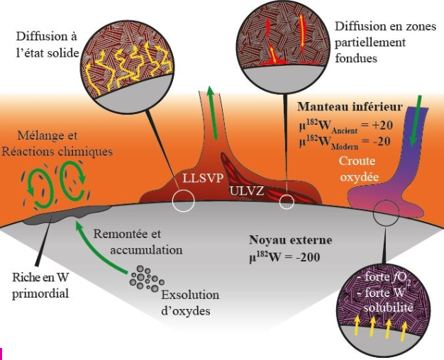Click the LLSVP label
203,179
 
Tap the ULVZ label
247,191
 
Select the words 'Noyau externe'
291,240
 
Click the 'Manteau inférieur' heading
350,107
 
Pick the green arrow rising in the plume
212,113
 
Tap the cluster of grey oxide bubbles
147,279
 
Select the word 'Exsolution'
190,295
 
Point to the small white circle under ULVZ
287,202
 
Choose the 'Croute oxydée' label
359,169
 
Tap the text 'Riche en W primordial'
40,286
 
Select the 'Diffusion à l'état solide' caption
48,45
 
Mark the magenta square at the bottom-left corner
1,354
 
